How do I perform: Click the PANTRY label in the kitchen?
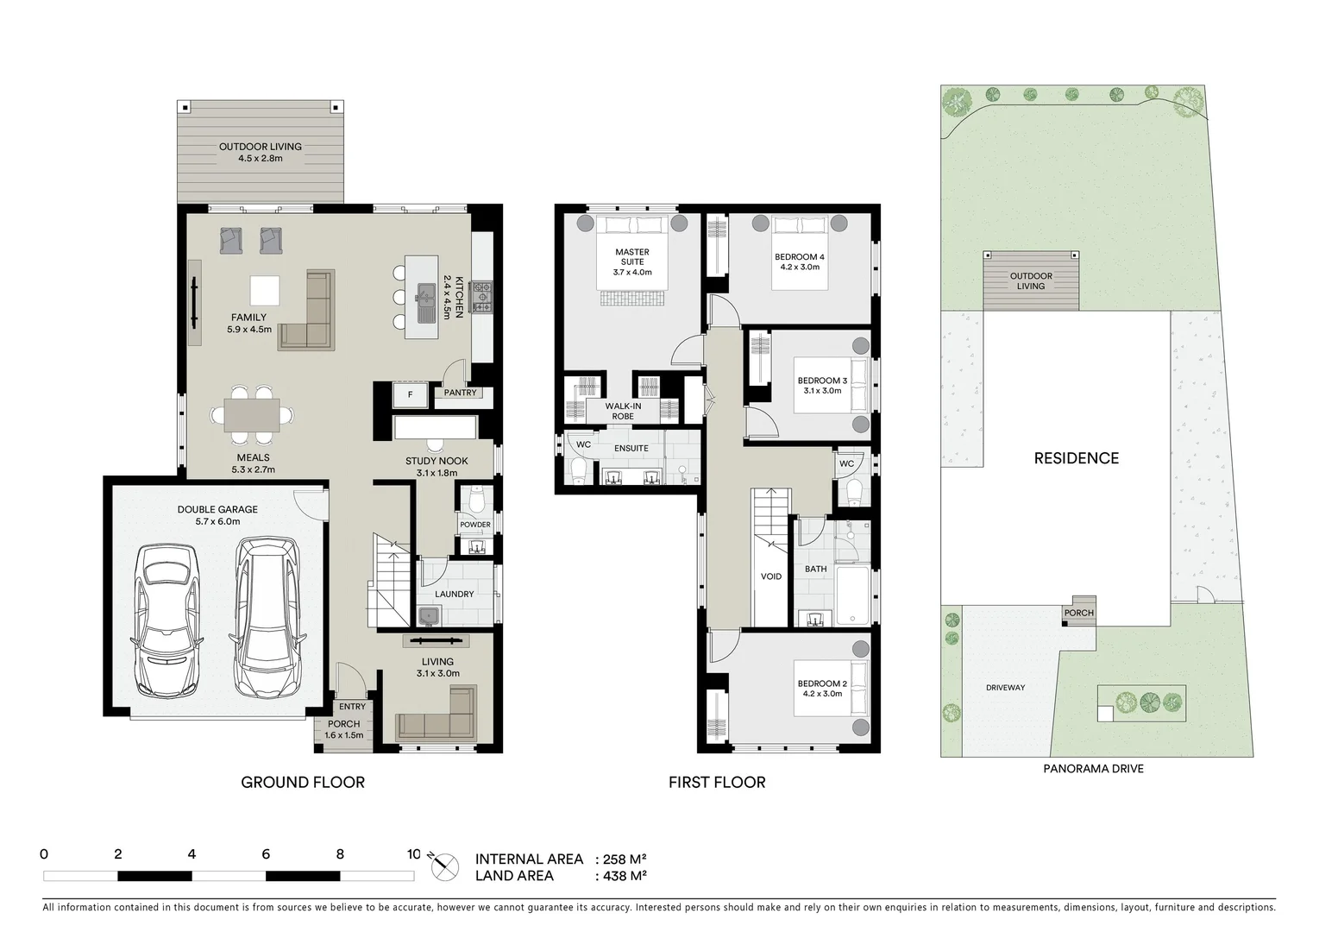pyautogui.click(x=460, y=393)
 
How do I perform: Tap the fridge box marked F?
pyautogui.click(x=410, y=395)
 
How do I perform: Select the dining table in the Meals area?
pyautogui.click(x=252, y=414)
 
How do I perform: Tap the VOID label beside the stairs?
pyautogui.click(x=770, y=576)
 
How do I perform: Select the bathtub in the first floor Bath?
pyautogui.click(x=853, y=595)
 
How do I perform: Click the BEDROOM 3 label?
pyautogui.click(x=821, y=381)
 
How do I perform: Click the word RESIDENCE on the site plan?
pyautogui.click(x=1076, y=458)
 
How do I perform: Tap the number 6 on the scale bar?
pyautogui.click(x=266, y=854)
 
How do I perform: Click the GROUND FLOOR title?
pyautogui.click(x=302, y=783)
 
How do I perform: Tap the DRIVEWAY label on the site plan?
pyautogui.click(x=1005, y=688)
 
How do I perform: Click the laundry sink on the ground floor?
pyautogui.click(x=429, y=615)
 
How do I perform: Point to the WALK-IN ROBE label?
pyautogui.click(x=622, y=411)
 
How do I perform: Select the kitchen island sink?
pyautogui.click(x=425, y=297)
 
